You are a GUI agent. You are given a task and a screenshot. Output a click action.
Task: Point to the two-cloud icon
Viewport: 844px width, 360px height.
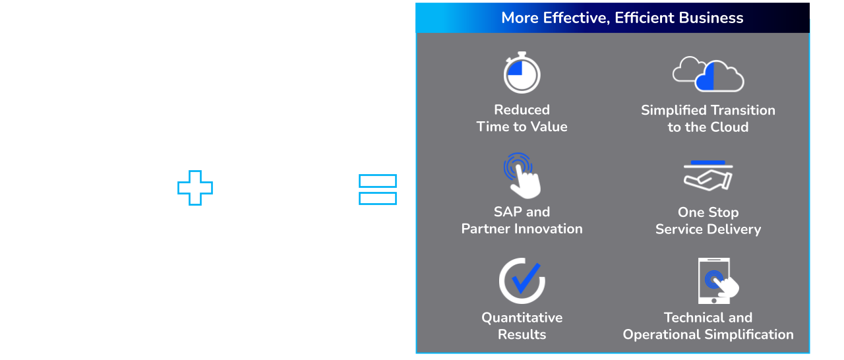708,75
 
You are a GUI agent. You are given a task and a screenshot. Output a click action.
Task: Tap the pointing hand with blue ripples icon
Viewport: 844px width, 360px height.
522,175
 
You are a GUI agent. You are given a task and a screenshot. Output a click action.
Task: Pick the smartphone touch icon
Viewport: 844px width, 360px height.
718,280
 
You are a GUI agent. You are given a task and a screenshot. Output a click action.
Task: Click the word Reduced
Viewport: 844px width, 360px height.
522,109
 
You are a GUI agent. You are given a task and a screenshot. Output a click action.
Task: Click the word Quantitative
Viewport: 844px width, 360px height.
522,317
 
